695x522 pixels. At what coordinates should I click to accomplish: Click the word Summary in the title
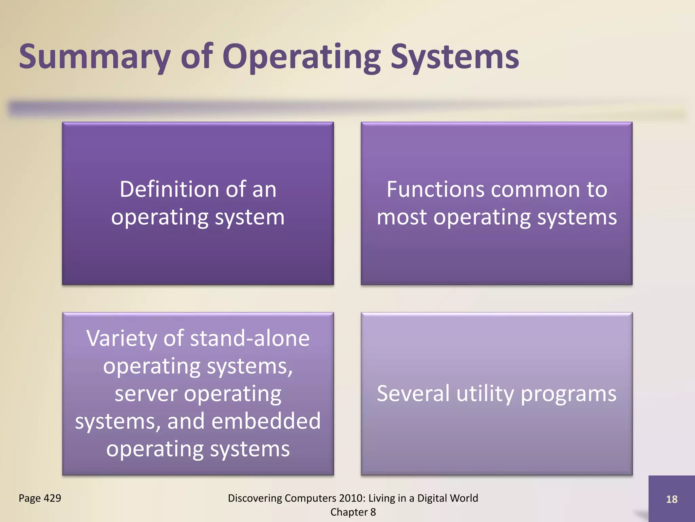(x=94, y=57)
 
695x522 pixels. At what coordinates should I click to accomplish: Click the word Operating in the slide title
(x=301, y=57)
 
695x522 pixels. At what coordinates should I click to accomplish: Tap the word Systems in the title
(x=455, y=57)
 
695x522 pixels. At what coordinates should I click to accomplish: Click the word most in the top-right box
(x=401, y=217)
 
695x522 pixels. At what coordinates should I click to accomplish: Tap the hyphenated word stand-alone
(x=250, y=338)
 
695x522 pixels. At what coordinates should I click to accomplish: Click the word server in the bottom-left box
(x=146, y=394)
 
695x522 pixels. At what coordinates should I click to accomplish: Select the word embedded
(x=266, y=421)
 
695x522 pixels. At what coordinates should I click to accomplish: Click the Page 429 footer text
(x=40, y=498)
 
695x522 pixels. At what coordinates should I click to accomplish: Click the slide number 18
(x=672, y=499)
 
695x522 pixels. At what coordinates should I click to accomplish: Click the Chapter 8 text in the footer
(x=353, y=512)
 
